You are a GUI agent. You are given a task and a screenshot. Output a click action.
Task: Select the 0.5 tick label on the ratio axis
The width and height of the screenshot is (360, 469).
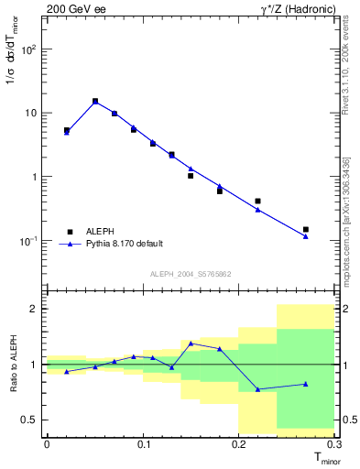pos(29,420)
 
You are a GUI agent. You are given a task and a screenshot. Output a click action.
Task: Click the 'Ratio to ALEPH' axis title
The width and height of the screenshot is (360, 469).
pos(11,365)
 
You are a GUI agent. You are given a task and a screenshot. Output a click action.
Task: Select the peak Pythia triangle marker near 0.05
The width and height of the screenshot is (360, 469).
pos(95,102)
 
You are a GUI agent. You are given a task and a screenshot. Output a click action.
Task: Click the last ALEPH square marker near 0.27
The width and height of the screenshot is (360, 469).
pos(306,229)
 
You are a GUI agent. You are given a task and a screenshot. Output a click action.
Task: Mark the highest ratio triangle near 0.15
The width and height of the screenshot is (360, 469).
pos(191,344)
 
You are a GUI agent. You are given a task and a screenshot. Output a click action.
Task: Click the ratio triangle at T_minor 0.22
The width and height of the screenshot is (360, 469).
pos(257,389)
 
